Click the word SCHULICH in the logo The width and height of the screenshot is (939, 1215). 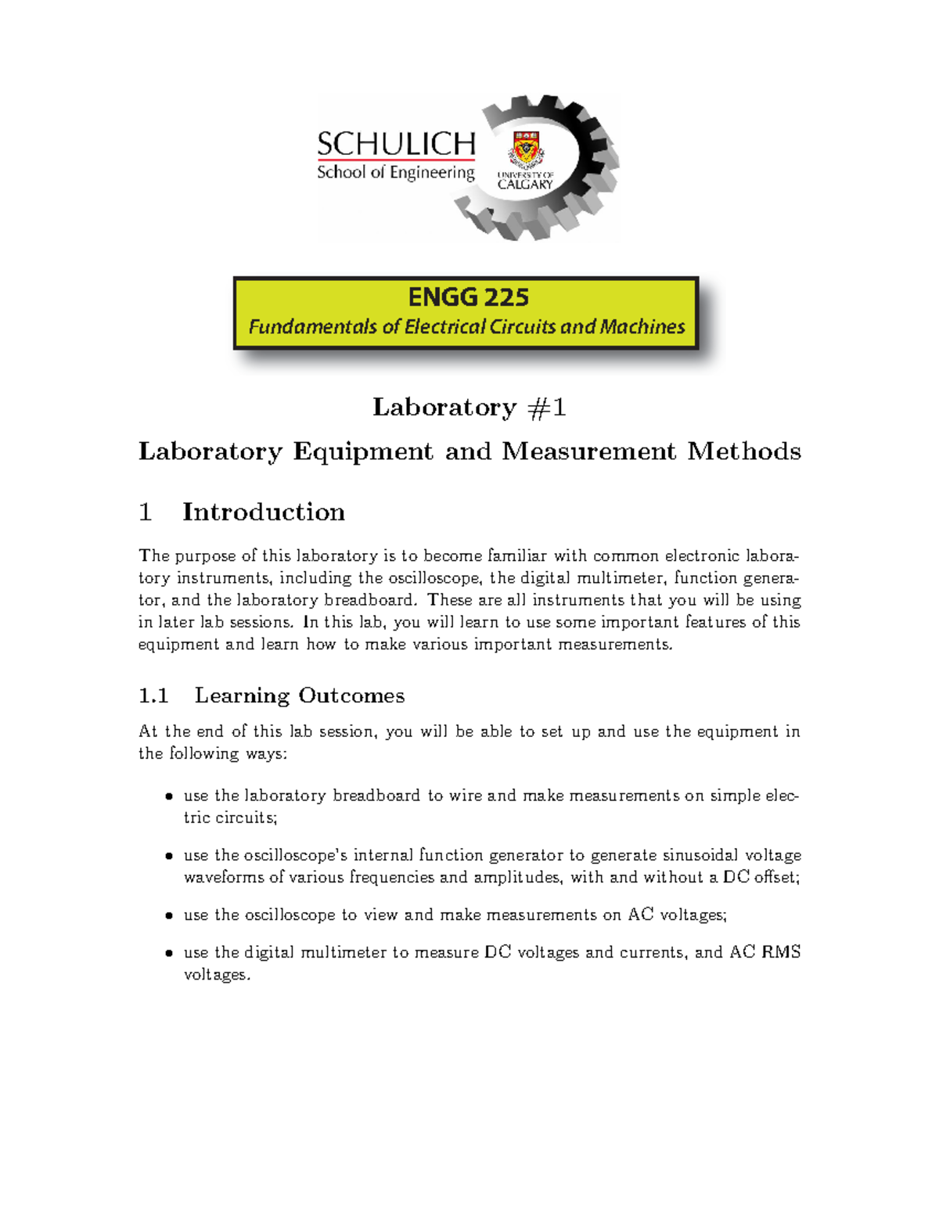point(396,144)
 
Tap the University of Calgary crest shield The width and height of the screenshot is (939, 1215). point(526,149)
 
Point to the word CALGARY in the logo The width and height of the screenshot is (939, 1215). point(525,185)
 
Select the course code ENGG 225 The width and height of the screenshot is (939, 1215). point(468,297)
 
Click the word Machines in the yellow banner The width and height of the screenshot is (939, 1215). point(642,327)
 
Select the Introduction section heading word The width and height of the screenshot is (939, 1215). point(264,512)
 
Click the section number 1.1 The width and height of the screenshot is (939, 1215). point(153,696)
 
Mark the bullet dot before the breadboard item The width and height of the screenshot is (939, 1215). point(168,797)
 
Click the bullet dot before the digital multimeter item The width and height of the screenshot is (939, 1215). point(168,954)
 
